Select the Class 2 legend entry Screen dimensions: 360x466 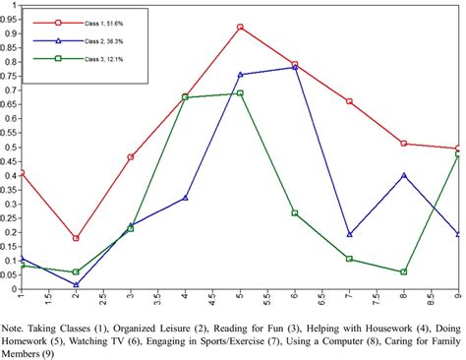tap(74, 40)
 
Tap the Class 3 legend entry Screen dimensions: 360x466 tap(74, 60)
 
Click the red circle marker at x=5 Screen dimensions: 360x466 tap(240, 28)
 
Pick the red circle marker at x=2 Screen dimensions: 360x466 tap(76, 238)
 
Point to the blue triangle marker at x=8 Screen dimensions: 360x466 tap(404, 175)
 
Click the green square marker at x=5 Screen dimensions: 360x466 tap(240, 93)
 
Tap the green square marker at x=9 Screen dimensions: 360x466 tap(458, 156)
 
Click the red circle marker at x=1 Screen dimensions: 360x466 tap(21, 173)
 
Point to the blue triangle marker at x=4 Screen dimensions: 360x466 tap(186, 198)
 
